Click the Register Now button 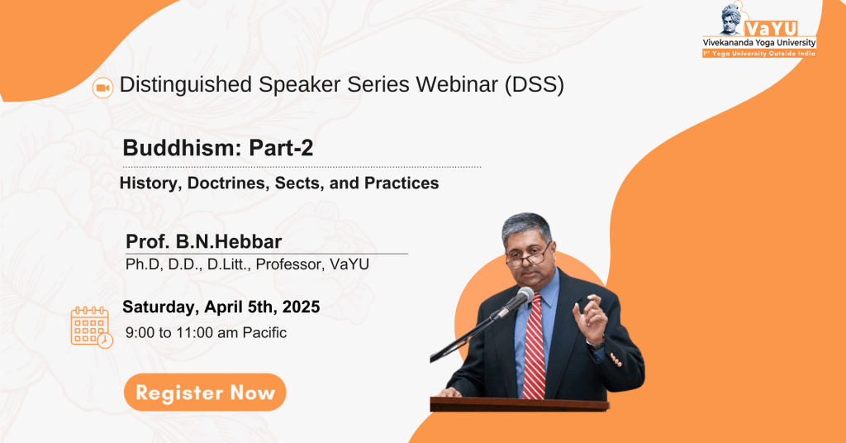205,393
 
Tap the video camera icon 102,88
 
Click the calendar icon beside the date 91,327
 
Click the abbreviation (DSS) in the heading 535,85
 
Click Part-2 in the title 281,148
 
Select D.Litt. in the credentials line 227,264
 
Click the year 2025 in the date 301,307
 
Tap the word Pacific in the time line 264,332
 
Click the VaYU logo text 772,29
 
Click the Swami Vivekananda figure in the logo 734,19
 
